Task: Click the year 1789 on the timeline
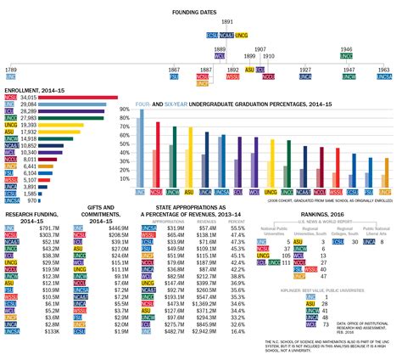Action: click(x=11, y=68)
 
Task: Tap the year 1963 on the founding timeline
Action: click(x=383, y=68)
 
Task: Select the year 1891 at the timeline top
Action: click(x=226, y=20)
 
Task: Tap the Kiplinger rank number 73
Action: click(x=325, y=323)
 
